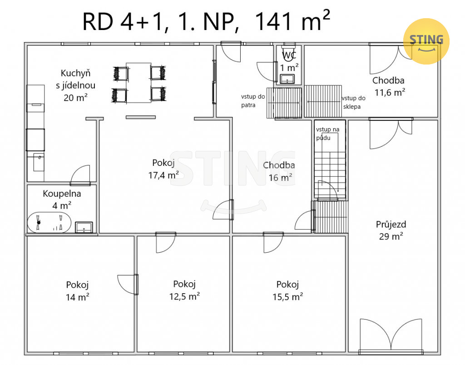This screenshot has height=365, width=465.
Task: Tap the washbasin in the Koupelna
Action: click(x=84, y=227)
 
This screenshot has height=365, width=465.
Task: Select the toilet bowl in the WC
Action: click(x=288, y=52)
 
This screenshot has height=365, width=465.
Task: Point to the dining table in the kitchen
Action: click(x=139, y=83)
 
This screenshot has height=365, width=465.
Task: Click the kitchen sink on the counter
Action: click(x=39, y=162)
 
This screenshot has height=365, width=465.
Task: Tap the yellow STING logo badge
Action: click(x=426, y=41)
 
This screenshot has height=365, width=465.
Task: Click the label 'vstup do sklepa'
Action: click(x=353, y=102)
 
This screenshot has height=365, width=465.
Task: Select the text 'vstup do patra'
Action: click(x=252, y=100)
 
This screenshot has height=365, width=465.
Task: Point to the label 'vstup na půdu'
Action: click(x=327, y=134)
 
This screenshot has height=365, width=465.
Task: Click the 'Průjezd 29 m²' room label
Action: click(x=391, y=230)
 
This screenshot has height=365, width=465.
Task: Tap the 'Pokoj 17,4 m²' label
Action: click(x=163, y=169)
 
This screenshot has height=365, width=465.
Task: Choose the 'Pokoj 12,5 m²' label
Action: click(x=184, y=290)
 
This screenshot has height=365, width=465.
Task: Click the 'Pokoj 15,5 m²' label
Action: click(x=287, y=290)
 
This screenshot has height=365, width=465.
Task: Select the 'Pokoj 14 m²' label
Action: click(x=77, y=291)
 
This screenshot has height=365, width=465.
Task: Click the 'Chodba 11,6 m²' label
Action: click(x=389, y=86)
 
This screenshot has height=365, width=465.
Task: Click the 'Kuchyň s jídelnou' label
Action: click(x=76, y=79)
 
